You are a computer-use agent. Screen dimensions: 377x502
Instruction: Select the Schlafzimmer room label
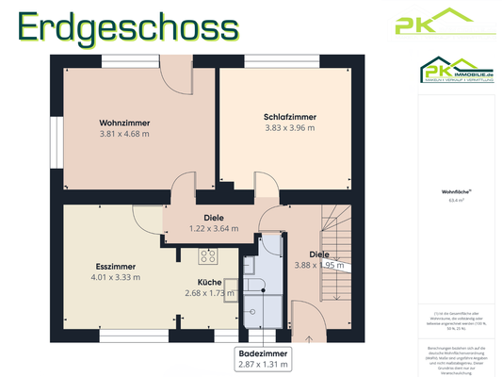(x=290, y=117)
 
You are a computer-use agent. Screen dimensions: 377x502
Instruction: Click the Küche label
(x=209, y=282)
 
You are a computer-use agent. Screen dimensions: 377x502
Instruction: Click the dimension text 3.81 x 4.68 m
(x=125, y=135)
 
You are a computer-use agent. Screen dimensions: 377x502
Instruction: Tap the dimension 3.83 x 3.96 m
(x=290, y=128)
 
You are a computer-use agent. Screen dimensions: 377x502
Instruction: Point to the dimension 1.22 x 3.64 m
(x=214, y=228)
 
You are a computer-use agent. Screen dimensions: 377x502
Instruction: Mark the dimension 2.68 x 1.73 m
(x=209, y=293)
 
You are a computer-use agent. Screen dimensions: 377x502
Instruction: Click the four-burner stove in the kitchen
(x=208, y=255)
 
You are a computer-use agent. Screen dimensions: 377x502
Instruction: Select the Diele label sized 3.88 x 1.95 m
(x=320, y=254)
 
